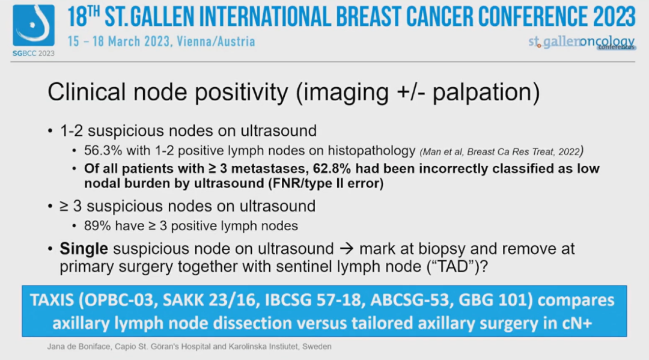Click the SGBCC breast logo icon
coord(34,25)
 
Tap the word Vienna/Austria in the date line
coord(216,41)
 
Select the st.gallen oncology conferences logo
coord(582,42)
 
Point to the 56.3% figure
coord(103,150)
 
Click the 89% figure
coord(97,226)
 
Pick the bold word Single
coord(84,249)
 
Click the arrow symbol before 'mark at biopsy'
coord(347,249)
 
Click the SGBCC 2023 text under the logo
coord(34,53)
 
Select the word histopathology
coord(372,151)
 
